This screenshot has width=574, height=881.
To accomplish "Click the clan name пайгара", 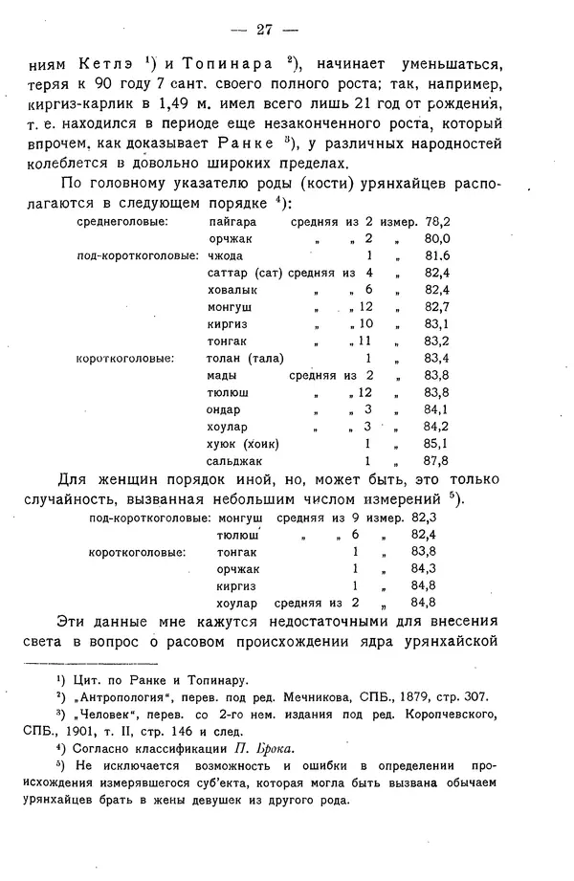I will click(x=232, y=222).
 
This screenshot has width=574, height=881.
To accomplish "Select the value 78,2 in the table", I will click(x=435, y=222).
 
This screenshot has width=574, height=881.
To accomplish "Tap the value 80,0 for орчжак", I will click(x=437, y=239).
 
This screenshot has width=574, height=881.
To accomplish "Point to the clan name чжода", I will click(x=224, y=256).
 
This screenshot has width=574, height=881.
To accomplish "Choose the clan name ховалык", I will click(x=232, y=290).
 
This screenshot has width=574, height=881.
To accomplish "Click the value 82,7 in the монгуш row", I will click(x=436, y=307).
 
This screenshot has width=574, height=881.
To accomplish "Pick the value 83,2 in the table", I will click(x=436, y=341).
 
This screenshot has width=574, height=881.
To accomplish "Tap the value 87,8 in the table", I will click(x=436, y=460).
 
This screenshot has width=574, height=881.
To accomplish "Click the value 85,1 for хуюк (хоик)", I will click(x=436, y=444).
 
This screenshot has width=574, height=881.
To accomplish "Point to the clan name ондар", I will click(x=225, y=409).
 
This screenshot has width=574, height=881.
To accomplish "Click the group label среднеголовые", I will click(x=123, y=222).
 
